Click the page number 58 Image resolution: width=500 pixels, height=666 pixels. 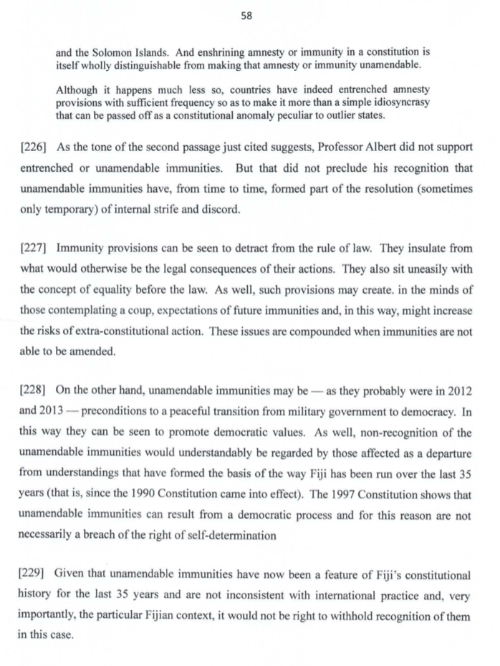(x=247, y=16)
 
